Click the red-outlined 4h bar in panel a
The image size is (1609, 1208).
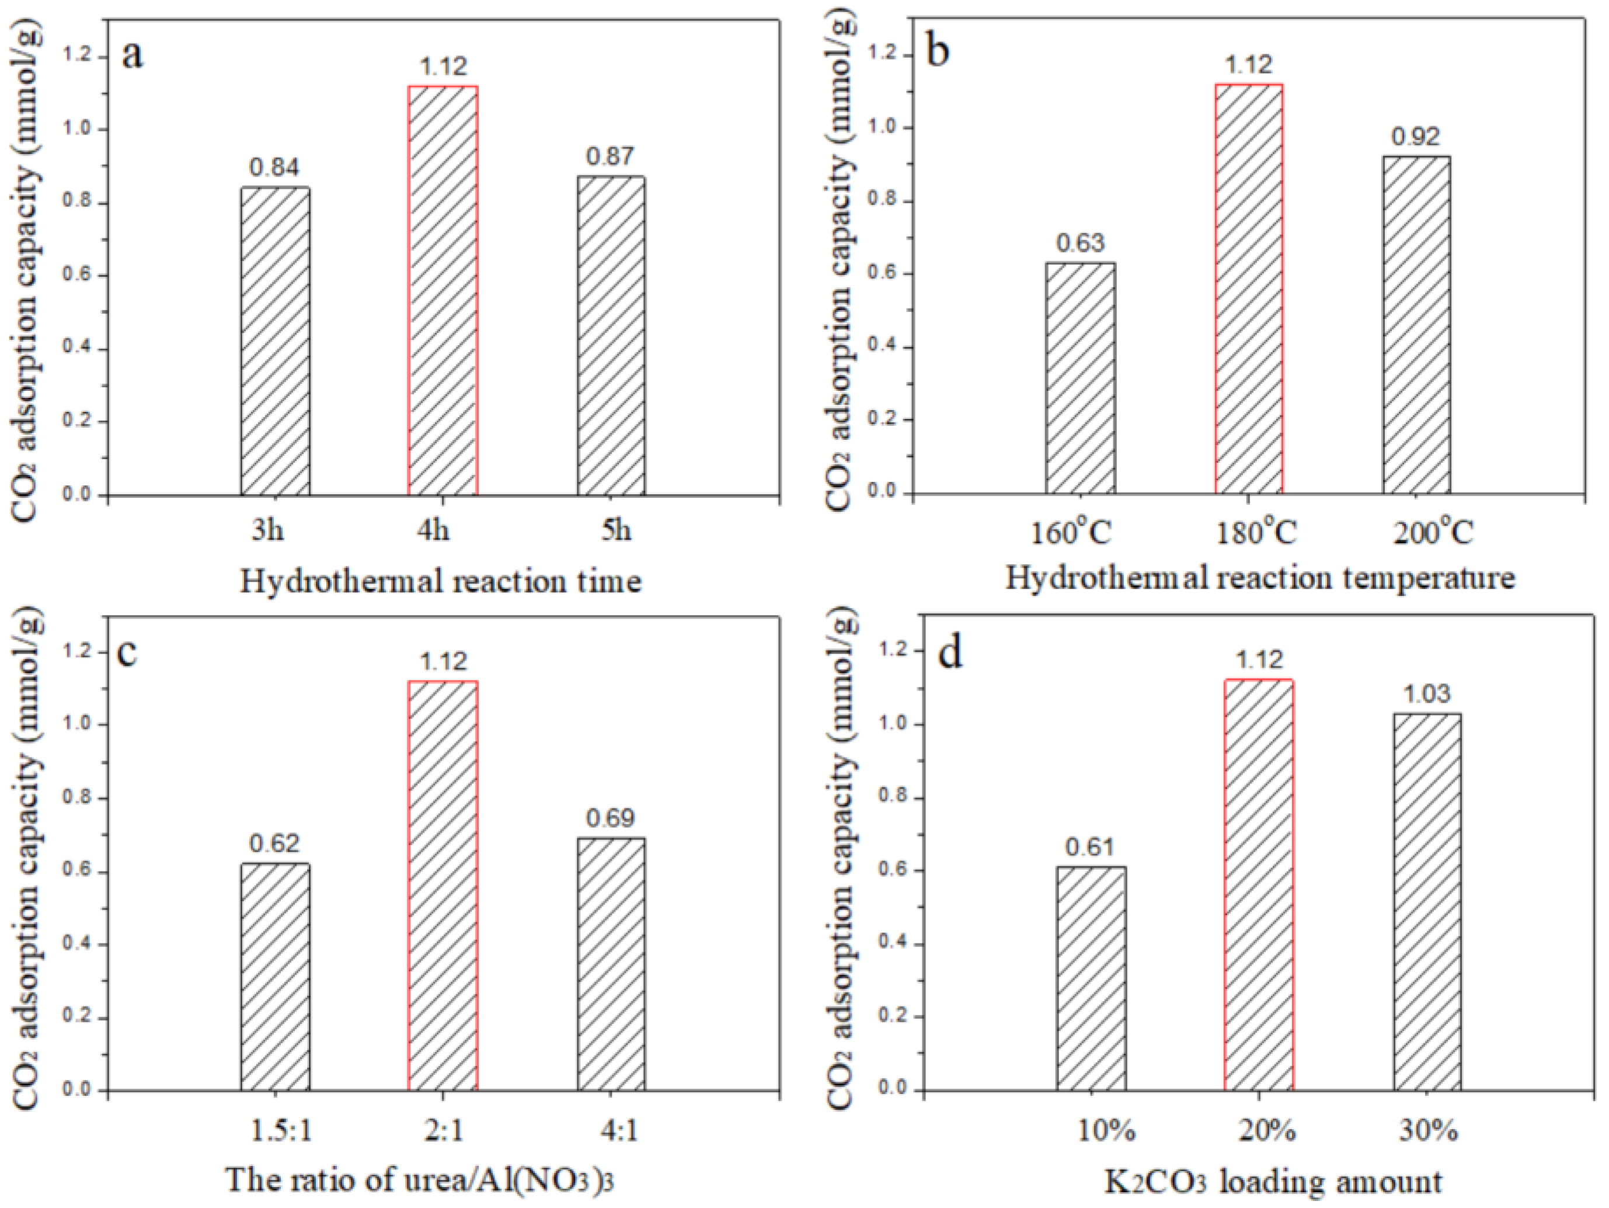(x=443, y=291)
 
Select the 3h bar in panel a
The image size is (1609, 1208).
(x=275, y=342)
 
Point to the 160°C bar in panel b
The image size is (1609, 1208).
(x=1080, y=379)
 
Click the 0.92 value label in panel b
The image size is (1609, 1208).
(x=1416, y=136)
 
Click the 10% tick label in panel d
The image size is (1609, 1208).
(x=1106, y=1131)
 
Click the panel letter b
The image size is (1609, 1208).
(x=939, y=53)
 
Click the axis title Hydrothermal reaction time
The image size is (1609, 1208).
(x=441, y=581)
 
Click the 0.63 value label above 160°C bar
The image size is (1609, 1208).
(x=1080, y=242)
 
